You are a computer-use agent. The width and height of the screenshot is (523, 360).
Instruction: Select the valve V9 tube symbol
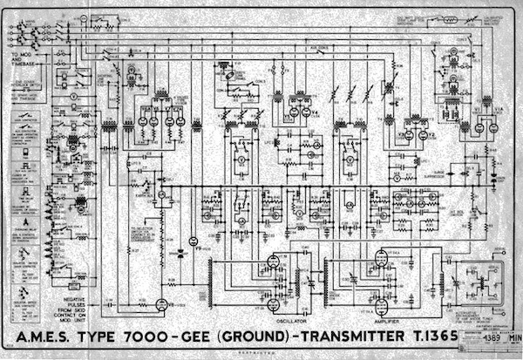pos(194,241)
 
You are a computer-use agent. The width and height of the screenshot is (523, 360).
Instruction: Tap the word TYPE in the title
pos(99,337)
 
